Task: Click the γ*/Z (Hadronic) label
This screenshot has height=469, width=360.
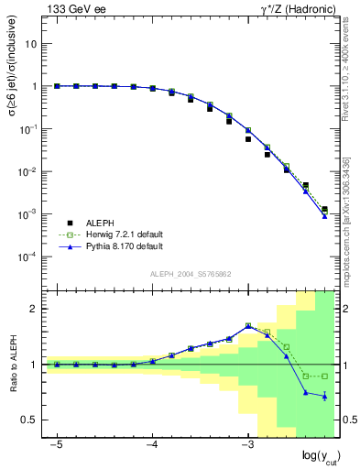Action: (x=294, y=9)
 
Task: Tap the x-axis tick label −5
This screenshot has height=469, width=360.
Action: (x=56, y=443)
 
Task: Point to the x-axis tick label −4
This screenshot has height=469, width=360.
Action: (x=152, y=443)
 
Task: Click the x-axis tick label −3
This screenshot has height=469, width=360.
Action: (x=247, y=443)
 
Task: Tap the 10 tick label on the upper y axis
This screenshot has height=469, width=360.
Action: (x=32, y=43)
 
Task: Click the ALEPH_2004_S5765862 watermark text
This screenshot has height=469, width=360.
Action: (x=191, y=275)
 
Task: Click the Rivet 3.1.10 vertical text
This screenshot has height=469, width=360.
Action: (x=346, y=73)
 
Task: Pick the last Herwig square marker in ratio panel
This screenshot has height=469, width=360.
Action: (x=324, y=376)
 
